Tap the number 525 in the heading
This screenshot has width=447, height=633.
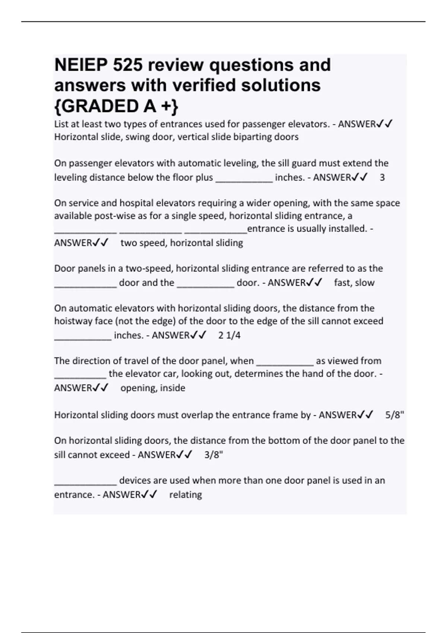(x=128, y=65)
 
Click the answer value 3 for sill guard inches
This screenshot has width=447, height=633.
(x=382, y=178)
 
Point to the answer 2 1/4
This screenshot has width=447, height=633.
(x=229, y=335)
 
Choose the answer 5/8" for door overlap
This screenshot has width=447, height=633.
(x=394, y=415)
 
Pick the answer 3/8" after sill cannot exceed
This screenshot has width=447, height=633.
(x=213, y=455)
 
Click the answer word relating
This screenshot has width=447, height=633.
(x=186, y=495)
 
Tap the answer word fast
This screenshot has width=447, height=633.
(x=343, y=283)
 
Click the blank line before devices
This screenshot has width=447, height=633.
(x=86, y=483)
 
